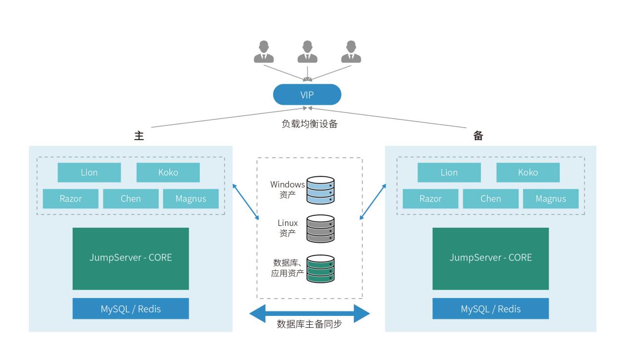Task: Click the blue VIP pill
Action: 307,95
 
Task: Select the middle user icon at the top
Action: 307,52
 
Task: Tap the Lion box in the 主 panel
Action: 89,172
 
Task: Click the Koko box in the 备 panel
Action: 528,172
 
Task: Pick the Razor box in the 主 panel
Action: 71,199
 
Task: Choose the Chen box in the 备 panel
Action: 490,199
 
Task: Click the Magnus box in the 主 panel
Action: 191,199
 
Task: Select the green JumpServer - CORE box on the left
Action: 131,258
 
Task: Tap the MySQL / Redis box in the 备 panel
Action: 490,309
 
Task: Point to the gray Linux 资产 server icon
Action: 320,228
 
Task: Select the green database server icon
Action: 320,268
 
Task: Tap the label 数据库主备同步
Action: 309,325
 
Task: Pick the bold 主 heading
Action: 139,136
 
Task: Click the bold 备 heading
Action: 478,136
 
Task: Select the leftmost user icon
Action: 264,52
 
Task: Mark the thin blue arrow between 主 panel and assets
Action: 245,202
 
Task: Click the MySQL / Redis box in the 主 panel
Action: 131,309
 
